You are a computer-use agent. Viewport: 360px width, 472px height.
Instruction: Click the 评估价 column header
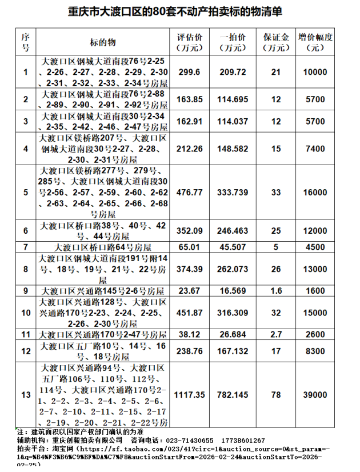point(190,42)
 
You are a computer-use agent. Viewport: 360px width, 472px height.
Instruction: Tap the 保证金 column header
point(276,42)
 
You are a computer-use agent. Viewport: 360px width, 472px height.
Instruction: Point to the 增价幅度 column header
point(316,42)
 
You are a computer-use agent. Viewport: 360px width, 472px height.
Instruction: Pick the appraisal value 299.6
point(190,72)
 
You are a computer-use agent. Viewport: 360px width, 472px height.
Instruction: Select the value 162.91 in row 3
point(190,121)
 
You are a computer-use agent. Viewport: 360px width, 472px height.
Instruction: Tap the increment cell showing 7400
point(316,149)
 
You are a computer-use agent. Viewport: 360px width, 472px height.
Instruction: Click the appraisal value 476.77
point(190,192)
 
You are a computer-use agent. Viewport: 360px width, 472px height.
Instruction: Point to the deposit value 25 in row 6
point(276,231)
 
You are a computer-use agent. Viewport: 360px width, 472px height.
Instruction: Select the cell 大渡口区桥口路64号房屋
point(103,247)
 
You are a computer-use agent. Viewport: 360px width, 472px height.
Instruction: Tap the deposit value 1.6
point(276,291)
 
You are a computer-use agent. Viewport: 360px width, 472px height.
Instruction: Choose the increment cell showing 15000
point(316,313)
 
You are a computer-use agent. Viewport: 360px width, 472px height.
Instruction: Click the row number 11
point(25,334)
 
